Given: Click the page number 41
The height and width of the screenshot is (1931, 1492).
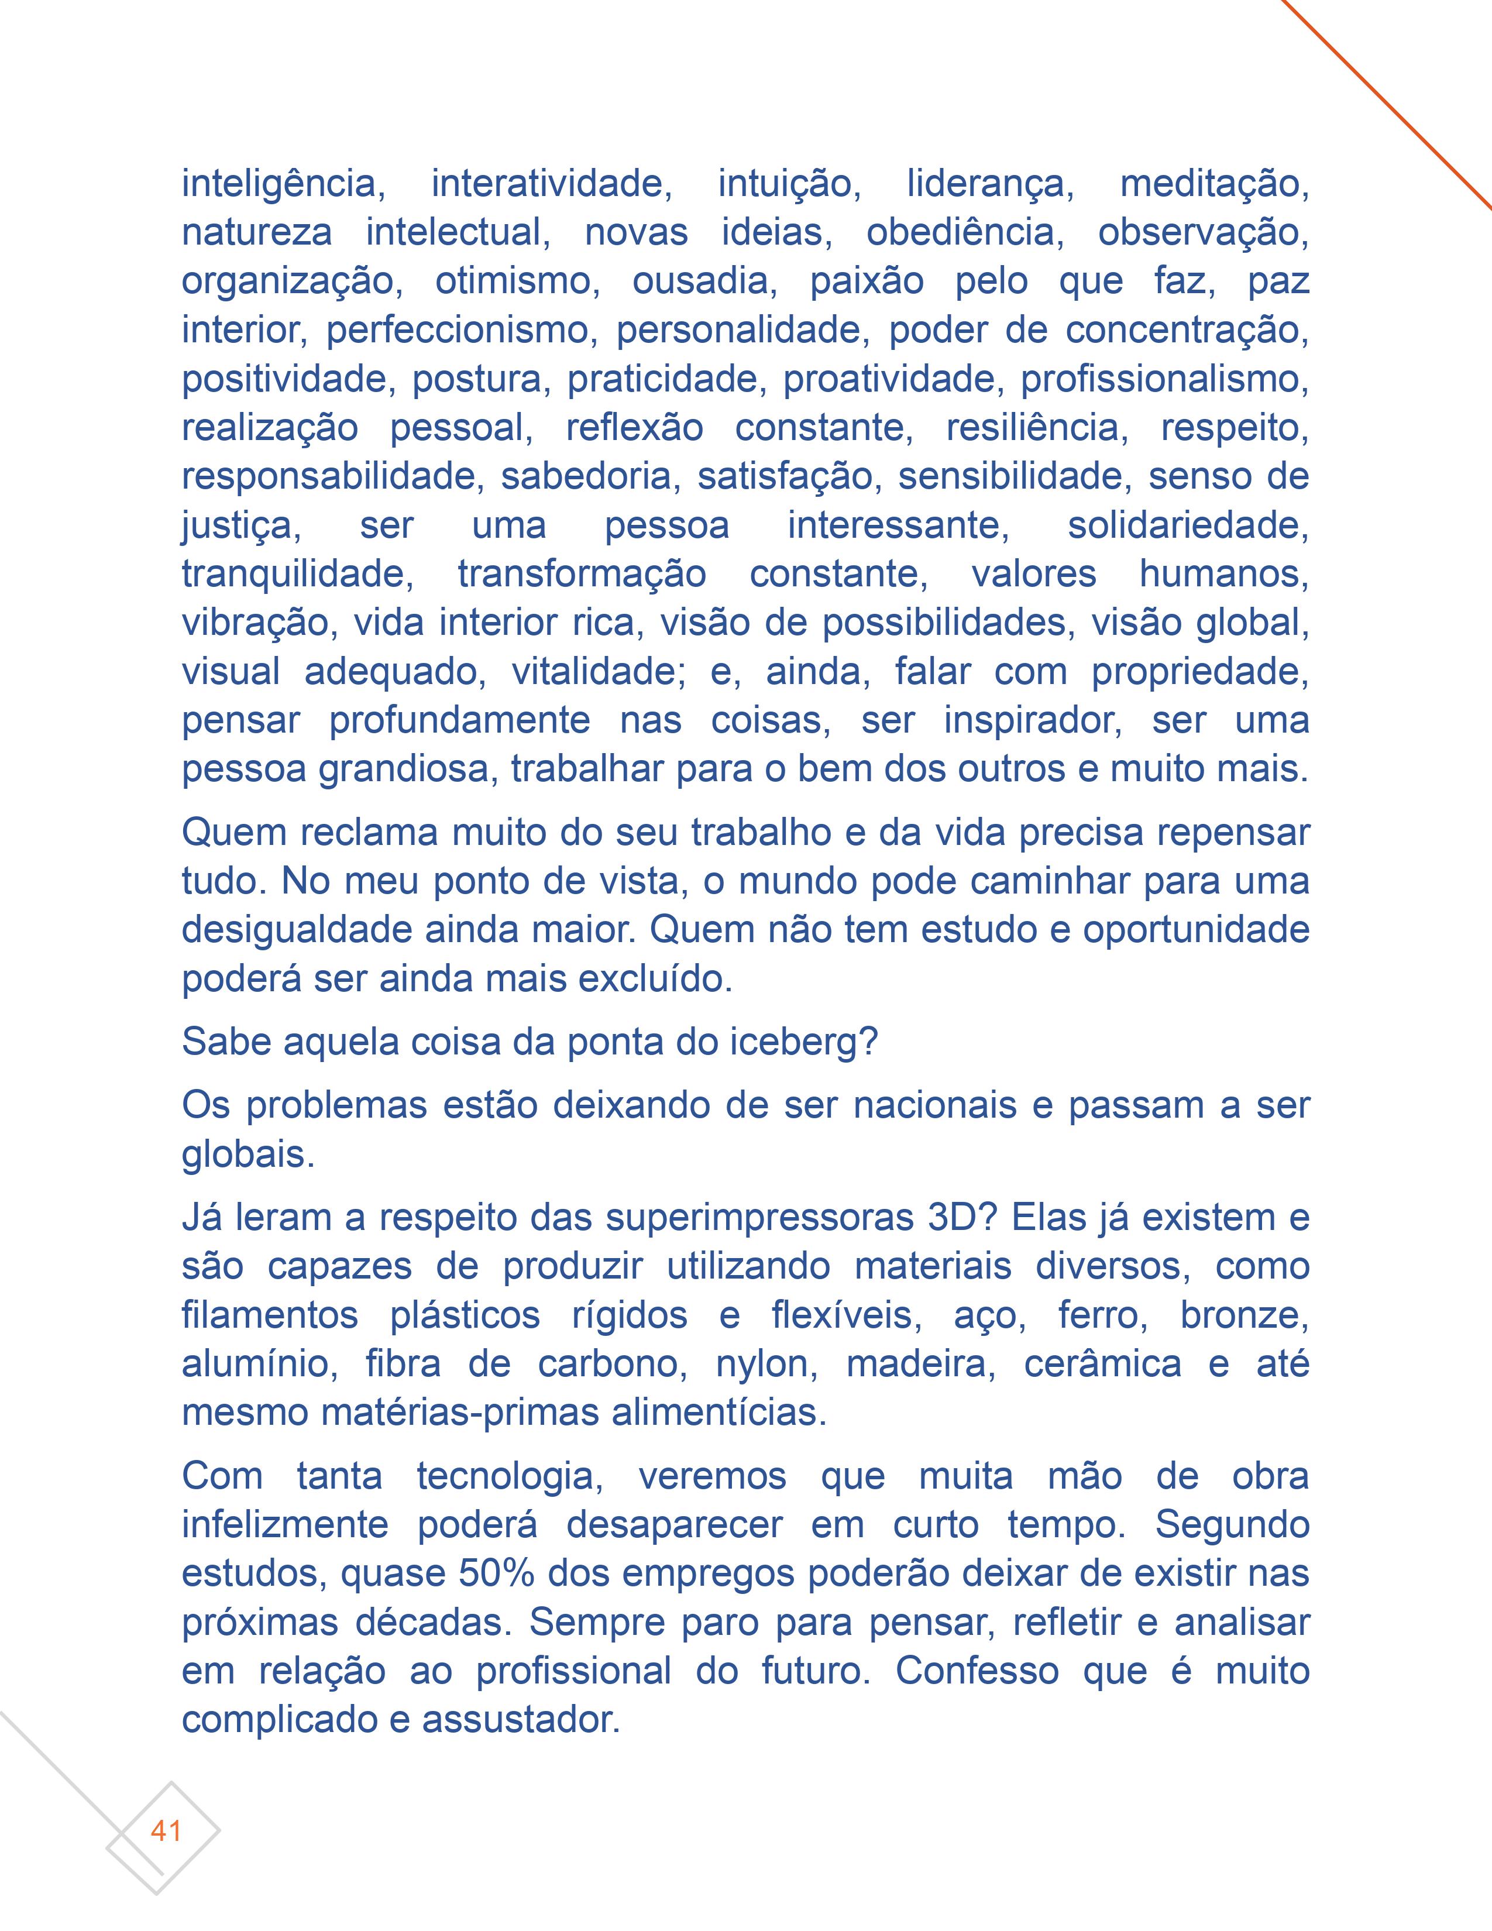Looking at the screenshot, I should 166,1830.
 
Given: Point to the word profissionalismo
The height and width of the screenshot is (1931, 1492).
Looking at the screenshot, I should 1164,379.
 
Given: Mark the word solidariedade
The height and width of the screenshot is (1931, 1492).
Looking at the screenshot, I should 1187,525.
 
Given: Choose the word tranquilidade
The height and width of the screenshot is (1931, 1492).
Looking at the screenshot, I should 297,574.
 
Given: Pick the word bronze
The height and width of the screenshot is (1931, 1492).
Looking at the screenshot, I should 1244,1315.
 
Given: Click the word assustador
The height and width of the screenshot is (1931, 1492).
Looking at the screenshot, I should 521,1720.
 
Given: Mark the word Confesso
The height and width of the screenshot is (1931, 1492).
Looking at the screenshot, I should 977,1671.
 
